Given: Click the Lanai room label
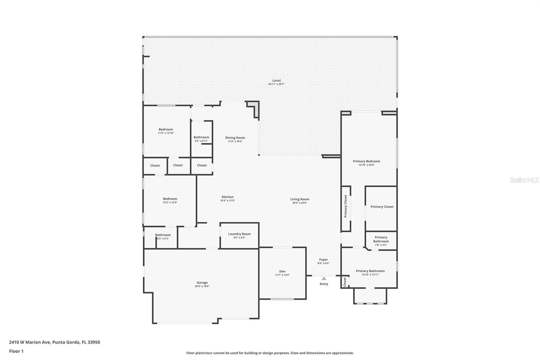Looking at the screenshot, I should (276, 80).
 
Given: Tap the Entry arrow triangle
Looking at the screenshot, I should (324, 279).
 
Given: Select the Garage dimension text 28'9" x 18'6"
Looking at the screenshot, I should (202, 286).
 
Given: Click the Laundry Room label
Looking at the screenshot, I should (239, 234).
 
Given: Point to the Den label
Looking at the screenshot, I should (282, 271).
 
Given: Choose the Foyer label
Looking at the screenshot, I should (323, 260).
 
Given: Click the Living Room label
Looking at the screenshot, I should (299, 199).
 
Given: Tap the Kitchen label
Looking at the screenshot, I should (227, 197).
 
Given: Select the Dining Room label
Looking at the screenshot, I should (235, 138).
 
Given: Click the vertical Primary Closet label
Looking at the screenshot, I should (346, 206).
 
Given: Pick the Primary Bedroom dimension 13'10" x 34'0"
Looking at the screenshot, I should (366, 165).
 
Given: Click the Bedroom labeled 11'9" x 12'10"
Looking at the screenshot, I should (166, 129).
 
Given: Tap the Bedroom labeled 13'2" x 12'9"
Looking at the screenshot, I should (170, 199).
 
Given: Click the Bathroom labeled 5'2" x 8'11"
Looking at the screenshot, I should (201, 137).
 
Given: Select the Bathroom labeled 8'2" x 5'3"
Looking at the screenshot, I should (163, 235).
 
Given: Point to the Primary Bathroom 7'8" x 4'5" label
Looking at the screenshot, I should (381, 239).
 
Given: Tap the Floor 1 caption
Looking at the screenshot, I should (16, 351).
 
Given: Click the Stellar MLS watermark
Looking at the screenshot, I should (524, 180).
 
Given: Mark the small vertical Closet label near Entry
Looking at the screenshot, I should (345, 282).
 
